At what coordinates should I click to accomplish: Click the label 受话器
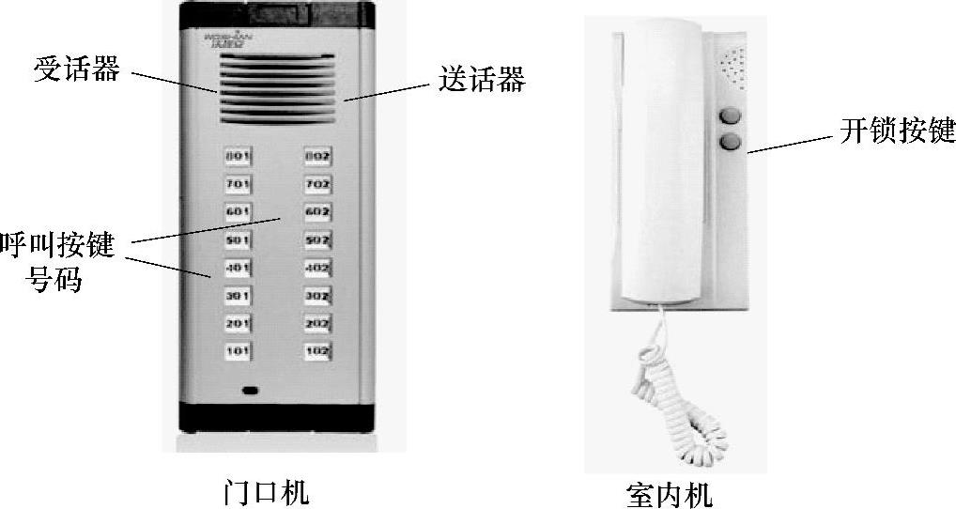tap(77, 71)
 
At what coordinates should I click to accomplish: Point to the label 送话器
tap(482, 80)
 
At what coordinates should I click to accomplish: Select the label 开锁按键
tap(897, 131)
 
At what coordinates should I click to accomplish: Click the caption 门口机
tap(267, 490)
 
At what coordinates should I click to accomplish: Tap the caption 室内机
tap(669, 493)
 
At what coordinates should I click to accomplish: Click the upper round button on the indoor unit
tap(730, 117)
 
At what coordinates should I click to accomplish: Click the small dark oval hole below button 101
tap(250, 390)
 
